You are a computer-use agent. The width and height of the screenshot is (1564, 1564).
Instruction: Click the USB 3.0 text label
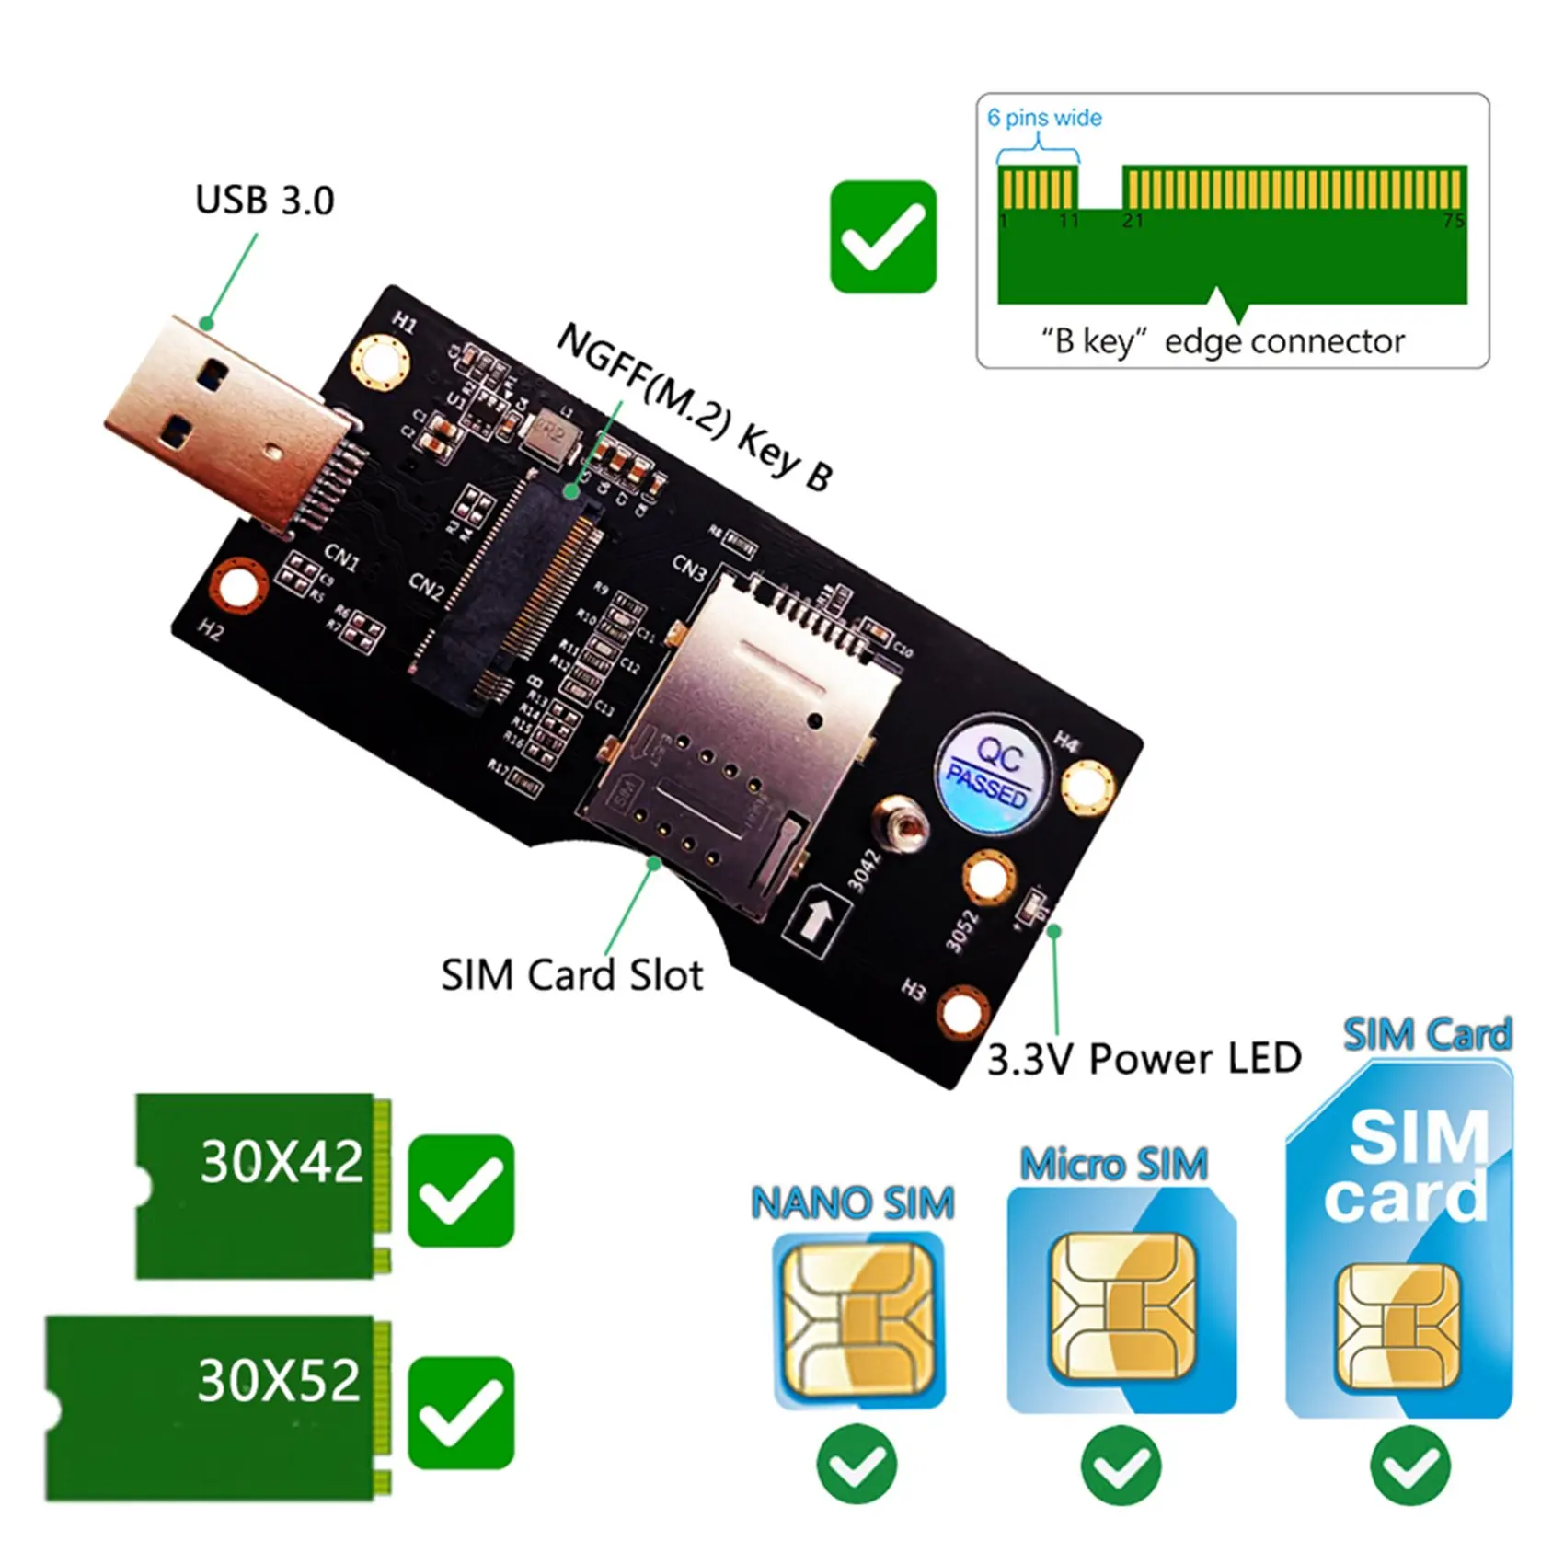[x=264, y=201]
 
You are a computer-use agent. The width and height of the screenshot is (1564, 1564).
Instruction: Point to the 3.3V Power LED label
[x=1144, y=1059]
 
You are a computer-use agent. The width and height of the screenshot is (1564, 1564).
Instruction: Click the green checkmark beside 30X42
[x=460, y=1190]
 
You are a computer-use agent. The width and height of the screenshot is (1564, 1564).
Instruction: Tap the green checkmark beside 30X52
[x=460, y=1412]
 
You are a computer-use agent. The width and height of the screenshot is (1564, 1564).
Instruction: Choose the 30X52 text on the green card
[x=279, y=1381]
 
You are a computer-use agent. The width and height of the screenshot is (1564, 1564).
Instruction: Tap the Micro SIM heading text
[x=1113, y=1165]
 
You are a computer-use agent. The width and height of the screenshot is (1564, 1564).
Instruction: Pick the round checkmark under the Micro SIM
[x=1120, y=1465]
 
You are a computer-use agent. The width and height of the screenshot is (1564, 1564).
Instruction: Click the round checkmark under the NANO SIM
[x=856, y=1465]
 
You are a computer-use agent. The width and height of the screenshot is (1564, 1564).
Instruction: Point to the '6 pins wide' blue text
[x=1044, y=118]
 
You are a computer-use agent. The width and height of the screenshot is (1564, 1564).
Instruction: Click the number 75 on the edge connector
[x=1453, y=221]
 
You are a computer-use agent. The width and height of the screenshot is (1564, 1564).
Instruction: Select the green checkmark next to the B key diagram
[x=883, y=236]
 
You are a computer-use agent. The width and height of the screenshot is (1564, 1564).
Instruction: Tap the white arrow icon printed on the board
[x=813, y=916]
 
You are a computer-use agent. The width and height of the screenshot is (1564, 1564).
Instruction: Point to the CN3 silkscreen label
[x=689, y=569]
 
